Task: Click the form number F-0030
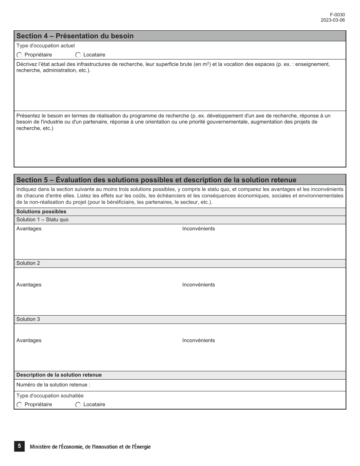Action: pos(337,15)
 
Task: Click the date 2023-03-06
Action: pos(332,20)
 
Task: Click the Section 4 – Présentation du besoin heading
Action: pos(75,36)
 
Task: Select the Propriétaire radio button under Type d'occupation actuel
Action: pos(19,55)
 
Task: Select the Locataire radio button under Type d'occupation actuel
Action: pos(78,55)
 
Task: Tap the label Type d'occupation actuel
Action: pos(45,46)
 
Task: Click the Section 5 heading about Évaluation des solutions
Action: pos(156,180)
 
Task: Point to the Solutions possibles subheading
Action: pos(41,212)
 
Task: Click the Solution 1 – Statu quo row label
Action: pos(42,220)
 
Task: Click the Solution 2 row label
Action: pos(28,263)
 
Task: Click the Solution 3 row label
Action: pos(28,319)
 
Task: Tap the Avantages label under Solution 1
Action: pos(29,229)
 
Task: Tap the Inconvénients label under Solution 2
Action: pos(198,285)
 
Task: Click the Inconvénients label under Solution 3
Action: pos(198,341)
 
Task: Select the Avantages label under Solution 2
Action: pos(29,285)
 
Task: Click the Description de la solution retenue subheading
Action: pos(59,375)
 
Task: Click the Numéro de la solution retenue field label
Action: pos(53,385)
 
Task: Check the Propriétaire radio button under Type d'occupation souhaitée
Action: pos(19,405)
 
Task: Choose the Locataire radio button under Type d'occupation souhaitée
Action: pos(78,405)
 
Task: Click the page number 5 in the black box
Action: pos(19,446)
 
